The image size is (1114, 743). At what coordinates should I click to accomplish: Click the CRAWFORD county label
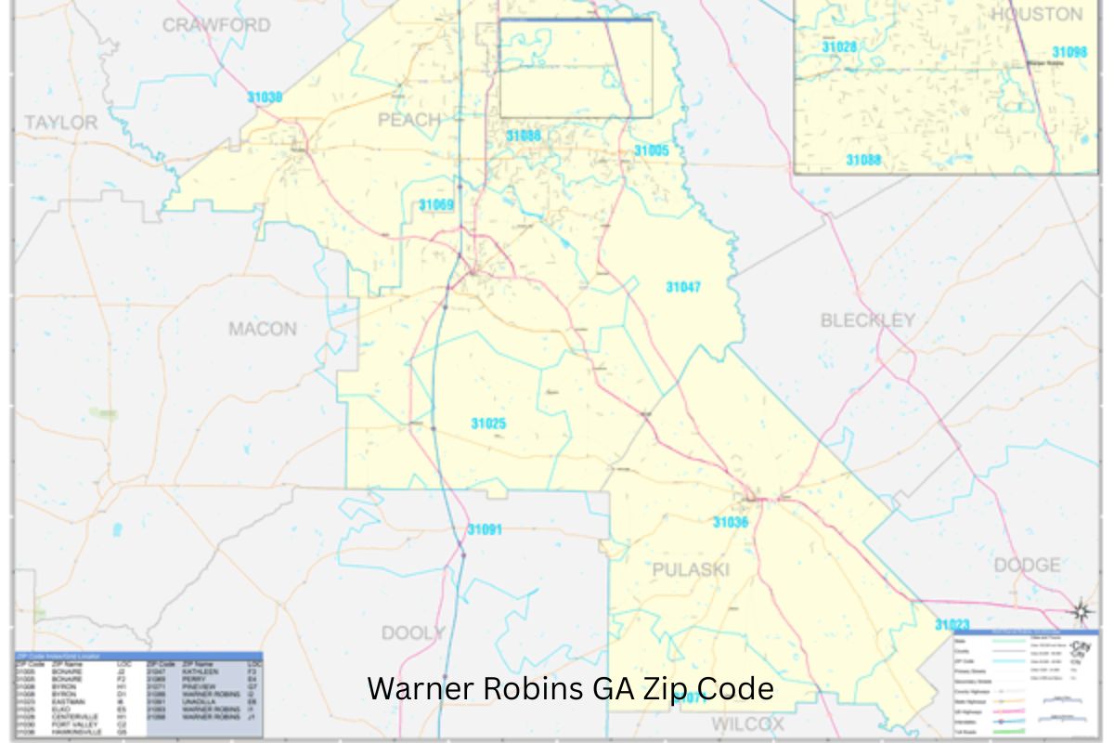[216, 25]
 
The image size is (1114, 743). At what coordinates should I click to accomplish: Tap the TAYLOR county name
[60, 123]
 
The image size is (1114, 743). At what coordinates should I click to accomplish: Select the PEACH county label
[408, 120]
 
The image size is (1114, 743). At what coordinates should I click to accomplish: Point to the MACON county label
[263, 329]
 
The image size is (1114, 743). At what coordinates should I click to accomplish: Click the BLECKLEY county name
[867, 320]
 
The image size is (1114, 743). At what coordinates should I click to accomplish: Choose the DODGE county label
[1027, 565]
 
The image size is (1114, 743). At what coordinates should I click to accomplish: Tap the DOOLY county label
[413, 633]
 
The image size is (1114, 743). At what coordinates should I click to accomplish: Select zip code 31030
[265, 97]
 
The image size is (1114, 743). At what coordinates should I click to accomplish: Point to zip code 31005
[651, 150]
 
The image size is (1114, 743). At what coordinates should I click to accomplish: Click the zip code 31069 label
[436, 205]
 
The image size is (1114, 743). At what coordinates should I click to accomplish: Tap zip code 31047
[683, 287]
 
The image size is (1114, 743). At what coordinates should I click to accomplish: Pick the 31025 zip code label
[488, 424]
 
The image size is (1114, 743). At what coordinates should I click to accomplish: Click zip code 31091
[484, 530]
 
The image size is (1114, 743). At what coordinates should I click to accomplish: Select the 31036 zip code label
[730, 523]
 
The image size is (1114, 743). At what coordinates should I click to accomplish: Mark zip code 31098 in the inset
[1069, 53]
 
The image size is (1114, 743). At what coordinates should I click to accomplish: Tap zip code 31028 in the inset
[838, 46]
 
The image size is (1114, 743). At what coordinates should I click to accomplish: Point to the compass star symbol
[1081, 611]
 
